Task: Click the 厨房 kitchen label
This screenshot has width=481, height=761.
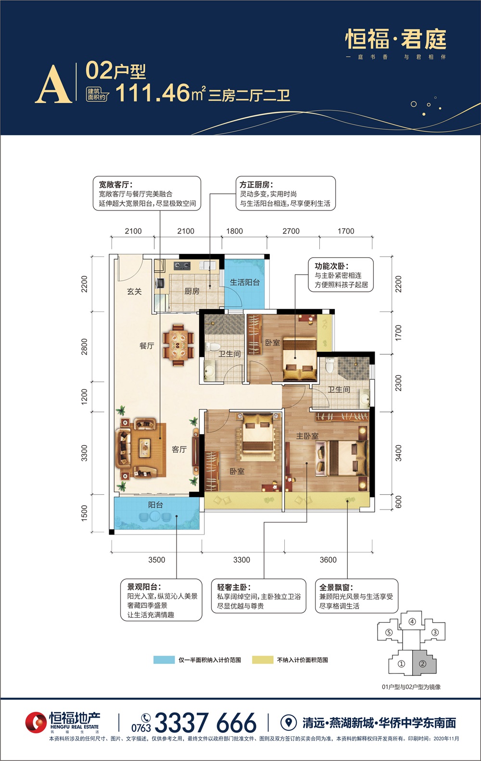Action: click(192, 291)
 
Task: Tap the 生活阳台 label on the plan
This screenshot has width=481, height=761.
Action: click(245, 282)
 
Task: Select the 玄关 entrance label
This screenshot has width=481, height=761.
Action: click(134, 291)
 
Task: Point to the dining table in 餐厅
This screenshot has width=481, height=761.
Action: click(178, 345)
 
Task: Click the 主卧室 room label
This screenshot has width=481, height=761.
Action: click(307, 436)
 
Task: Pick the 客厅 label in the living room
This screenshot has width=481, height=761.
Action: click(179, 449)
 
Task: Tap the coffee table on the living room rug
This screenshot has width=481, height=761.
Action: click(145, 448)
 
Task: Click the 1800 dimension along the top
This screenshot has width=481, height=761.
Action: click(235, 231)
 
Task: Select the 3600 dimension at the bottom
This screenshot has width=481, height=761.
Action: click(328, 560)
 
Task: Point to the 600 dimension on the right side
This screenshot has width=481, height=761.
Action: click(399, 502)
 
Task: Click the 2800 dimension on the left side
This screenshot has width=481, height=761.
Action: click(84, 347)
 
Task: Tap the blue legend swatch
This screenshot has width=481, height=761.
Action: click(164, 660)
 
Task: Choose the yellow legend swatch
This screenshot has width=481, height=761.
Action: click(263, 660)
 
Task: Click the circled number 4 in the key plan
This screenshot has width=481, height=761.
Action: click(412, 622)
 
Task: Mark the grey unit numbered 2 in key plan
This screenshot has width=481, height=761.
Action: click(424, 663)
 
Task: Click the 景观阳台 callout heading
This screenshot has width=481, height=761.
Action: click(144, 586)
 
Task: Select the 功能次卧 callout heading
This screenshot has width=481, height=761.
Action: click(331, 266)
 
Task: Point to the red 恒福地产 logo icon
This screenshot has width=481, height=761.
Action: click(36, 722)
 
